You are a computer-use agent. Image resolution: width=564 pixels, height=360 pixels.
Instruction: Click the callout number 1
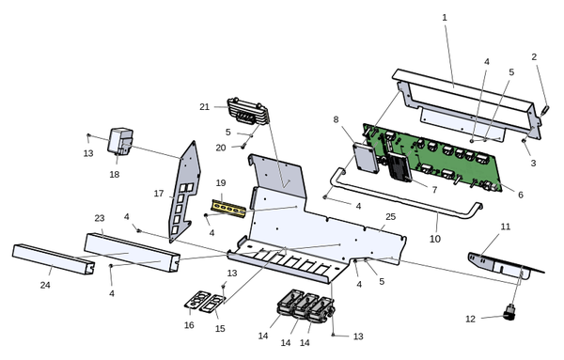[445, 17]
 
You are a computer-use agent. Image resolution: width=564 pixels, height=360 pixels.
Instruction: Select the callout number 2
[534, 56]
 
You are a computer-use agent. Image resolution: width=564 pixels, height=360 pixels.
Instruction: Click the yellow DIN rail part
[228, 209]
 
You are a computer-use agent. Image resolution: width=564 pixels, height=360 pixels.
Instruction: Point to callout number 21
[204, 107]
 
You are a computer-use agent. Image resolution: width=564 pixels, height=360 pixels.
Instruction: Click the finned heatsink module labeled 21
[249, 111]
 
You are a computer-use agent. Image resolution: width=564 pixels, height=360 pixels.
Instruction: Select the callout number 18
[115, 175]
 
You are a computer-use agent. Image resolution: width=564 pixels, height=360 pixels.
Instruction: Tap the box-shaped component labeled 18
[120, 142]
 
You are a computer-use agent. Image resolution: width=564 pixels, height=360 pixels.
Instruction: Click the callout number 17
[159, 194]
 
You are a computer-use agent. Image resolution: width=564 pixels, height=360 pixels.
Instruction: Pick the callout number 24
[45, 285]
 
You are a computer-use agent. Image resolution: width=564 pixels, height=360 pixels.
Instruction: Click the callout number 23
[100, 218]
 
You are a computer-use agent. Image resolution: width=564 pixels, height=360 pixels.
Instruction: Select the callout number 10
[435, 239]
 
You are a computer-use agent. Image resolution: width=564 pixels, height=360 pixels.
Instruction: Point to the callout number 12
[471, 319]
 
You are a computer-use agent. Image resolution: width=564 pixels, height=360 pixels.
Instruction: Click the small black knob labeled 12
[509, 312]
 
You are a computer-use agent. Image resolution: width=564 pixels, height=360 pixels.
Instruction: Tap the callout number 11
[506, 227]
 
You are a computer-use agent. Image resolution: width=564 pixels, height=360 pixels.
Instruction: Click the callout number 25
[391, 217]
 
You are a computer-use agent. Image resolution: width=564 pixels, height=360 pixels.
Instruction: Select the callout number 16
[189, 325]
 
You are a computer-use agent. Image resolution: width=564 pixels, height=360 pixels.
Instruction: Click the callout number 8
[336, 119]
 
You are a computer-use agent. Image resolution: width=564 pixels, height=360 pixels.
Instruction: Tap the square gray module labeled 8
[367, 158]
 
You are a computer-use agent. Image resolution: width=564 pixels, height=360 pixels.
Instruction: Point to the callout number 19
[221, 183]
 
